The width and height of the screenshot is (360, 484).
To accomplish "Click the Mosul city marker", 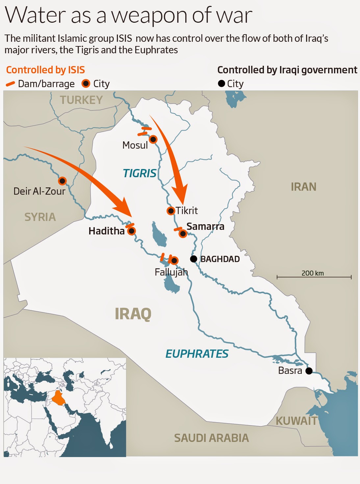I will pyautogui.click(x=153, y=139).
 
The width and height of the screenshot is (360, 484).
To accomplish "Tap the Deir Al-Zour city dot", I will pyautogui.click(x=62, y=181).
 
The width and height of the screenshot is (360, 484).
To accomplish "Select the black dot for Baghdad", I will pyautogui.click(x=194, y=259).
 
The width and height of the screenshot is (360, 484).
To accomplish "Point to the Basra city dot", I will pyautogui.click(x=309, y=371).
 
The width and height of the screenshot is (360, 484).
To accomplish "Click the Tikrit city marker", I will pyautogui.click(x=170, y=211).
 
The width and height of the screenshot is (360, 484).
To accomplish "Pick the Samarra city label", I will pyautogui.click(x=205, y=227).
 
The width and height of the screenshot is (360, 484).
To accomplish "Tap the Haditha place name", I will pyautogui.click(x=106, y=231).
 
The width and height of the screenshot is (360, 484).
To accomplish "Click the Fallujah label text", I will pyautogui.click(x=171, y=272).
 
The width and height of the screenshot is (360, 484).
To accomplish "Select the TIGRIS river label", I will pyautogui.click(x=140, y=173).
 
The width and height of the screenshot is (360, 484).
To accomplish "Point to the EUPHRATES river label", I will pyautogui.click(x=197, y=354).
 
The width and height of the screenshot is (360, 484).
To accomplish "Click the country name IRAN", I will pyautogui.click(x=303, y=187).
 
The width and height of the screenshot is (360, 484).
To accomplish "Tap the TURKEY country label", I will pyautogui.click(x=81, y=100).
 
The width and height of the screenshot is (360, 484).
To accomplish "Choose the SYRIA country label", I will pyautogui.click(x=40, y=217).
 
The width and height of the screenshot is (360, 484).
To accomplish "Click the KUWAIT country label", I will pyautogui.click(x=296, y=421).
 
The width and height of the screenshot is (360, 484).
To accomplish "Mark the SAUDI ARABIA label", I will pyautogui.click(x=211, y=438).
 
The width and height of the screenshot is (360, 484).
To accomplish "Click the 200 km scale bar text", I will pyautogui.click(x=313, y=273).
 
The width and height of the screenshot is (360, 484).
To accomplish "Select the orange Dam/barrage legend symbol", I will pyautogui.click(x=10, y=84).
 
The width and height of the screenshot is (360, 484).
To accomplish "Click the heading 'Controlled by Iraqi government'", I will pyautogui.click(x=287, y=70).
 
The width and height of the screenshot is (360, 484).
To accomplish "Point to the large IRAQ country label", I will pyautogui.click(x=133, y=314).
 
